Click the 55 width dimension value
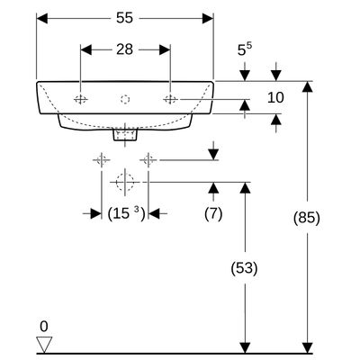124,18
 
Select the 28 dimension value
124,49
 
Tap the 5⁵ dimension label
245,49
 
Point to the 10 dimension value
275,98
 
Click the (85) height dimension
307,218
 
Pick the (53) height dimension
245,268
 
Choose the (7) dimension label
213,214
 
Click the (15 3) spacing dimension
126,214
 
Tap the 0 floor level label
44,327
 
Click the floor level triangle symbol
44,345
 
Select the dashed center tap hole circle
125,99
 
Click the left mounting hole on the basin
81,99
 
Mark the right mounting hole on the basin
170,99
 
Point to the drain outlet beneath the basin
125,134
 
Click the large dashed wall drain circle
125,182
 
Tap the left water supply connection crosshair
102,160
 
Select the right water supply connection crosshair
148,160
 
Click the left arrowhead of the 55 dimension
41,18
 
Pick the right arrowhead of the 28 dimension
165,49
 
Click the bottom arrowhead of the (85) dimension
307,347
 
